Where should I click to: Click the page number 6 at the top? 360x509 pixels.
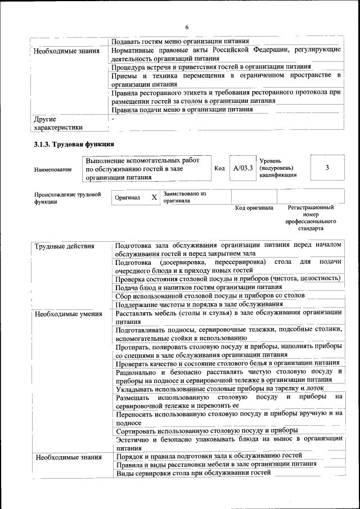[x=186, y=27]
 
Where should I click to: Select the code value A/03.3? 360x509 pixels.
[x=244, y=168]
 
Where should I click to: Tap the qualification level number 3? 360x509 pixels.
[x=327, y=168]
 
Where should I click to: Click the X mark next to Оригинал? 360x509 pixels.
[x=154, y=198]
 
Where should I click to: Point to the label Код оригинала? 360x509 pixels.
[x=254, y=208]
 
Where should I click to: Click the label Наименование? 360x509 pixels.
[x=53, y=169]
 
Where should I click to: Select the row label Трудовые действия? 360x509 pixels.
[x=64, y=246]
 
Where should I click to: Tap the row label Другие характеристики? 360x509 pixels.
[x=58, y=123]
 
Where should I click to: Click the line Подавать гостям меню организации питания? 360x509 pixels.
[x=180, y=42]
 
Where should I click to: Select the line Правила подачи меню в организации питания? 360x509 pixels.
[x=182, y=110]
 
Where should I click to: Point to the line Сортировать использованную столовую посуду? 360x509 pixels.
[x=206, y=431]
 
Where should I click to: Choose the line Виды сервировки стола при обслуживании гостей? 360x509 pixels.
[x=193, y=472]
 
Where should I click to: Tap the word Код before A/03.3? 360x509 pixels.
[x=219, y=168]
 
